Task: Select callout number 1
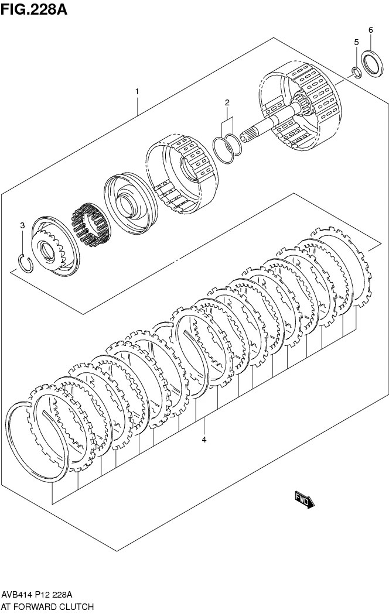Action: pos(137,91)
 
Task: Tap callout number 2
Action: pos(227,103)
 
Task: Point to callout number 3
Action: pos(22,225)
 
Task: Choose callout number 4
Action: pos(204,440)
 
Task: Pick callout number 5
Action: pos(356,42)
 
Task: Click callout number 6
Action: pos(370,29)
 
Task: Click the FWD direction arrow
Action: pos(305,499)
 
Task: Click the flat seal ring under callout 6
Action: pos(371,63)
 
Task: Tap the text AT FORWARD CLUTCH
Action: pos(47,607)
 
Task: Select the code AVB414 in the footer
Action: pos(17,595)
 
